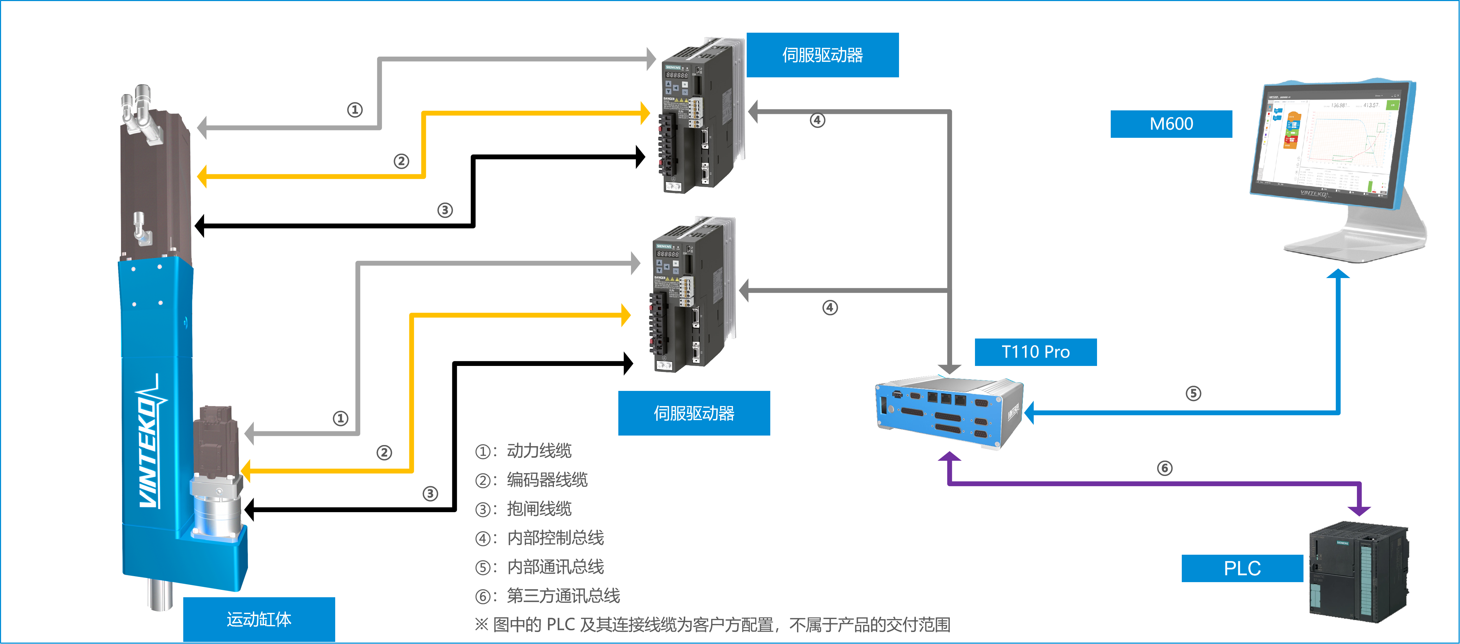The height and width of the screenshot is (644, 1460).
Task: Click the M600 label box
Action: pos(1171,124)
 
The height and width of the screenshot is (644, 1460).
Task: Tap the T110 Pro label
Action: pos(1035,352)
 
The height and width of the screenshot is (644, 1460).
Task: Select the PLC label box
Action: pos(1242,568)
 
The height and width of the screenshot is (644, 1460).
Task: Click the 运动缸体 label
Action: pos(259,619)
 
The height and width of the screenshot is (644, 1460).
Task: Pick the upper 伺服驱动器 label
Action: pos(822,55)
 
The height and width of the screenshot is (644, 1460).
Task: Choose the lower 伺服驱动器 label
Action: pos(694,413)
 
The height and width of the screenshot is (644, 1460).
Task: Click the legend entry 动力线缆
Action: pos(538,451)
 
